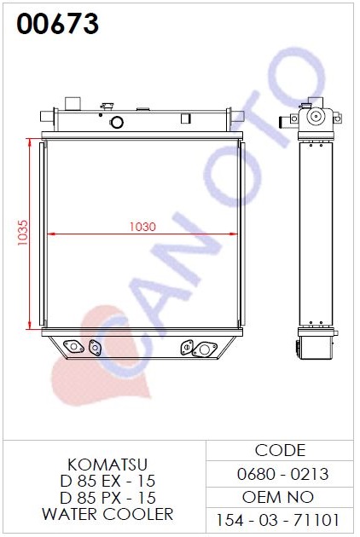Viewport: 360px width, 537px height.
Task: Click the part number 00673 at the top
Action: click(x=58, y=23)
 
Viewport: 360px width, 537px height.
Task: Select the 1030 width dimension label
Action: click(x=142, y=227)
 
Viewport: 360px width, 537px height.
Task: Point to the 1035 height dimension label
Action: click(x=23, y=233)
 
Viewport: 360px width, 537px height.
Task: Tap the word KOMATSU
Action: click(x=107, y=465)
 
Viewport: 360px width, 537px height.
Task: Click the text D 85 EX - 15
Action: click(x=107, y=482)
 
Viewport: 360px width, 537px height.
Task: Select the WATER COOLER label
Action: click(x=107, y=514)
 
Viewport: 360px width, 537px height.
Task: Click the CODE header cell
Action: click(x=280, y=450)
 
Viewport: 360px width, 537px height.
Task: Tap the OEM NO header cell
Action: click(x=278, y=497)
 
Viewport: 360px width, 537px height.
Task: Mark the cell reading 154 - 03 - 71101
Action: click(x=278, y=520)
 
